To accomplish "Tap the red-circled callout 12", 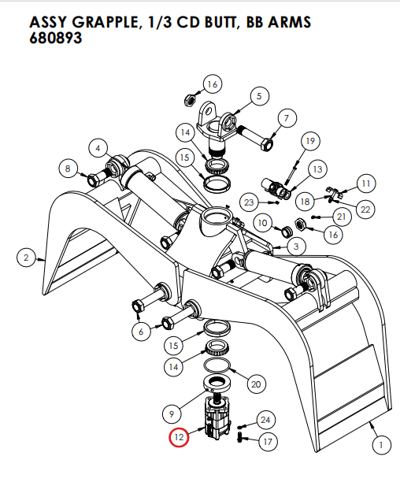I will pos(179,437).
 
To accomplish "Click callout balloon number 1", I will pos(381,446).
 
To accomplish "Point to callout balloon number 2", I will pos(25,257).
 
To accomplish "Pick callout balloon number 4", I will pos(98,147).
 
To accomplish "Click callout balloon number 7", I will pos(286,119).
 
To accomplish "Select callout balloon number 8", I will pos(69,168).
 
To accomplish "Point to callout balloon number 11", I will pos(365,183).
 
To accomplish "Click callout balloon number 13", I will pos(317,169).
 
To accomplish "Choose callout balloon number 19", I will pos(309,141).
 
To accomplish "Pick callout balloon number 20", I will pos(254,384).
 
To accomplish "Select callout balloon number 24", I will pos(265,420).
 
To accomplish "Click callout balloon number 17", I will pos(267,442).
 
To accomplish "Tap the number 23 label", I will pos(250,202).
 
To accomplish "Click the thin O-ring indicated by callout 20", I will pos(218,367).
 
